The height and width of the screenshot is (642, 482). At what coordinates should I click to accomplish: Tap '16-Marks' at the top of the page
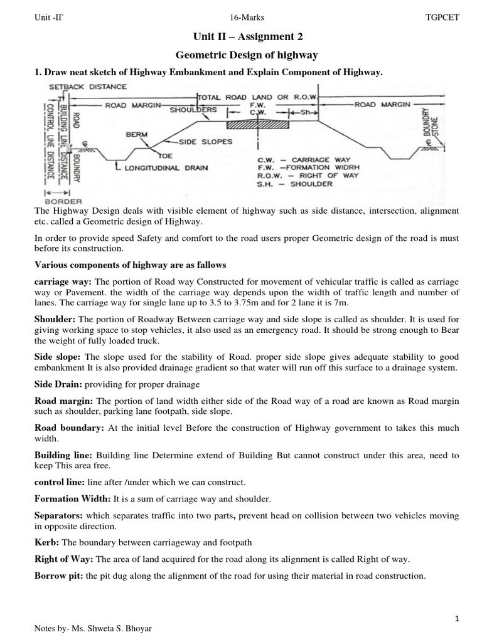click(x=240, y=18)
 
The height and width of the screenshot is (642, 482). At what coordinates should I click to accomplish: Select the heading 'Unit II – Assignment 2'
click(x=240, y=38)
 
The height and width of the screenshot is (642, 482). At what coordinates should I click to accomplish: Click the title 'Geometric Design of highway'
click(x=240, y=56)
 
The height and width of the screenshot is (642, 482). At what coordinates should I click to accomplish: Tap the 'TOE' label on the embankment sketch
click(x=165, y=155)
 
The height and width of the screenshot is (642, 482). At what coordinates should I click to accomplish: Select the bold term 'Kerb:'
click(x=46, y=541)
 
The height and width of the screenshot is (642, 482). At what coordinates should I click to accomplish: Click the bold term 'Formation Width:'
click(x=72, y=499)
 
